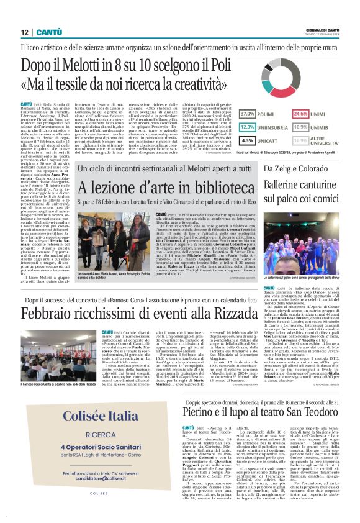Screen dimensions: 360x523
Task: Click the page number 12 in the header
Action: pyautogui.click(x=24, y=32)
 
